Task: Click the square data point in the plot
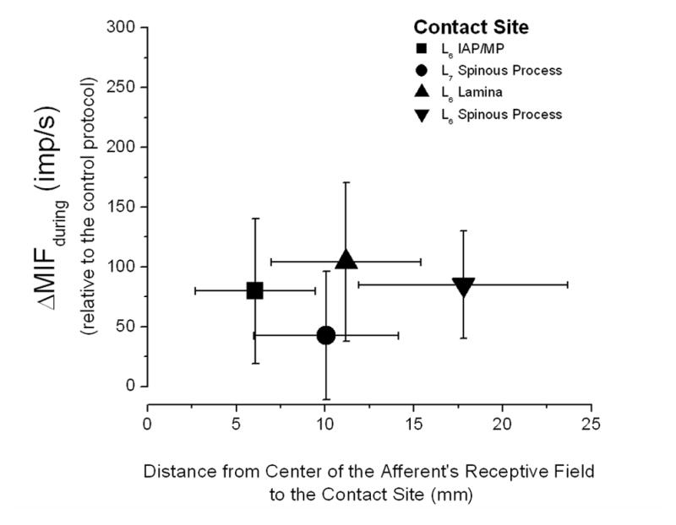pos(254,290)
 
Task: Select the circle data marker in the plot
pos(326,335)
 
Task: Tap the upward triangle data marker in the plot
pos(346,260)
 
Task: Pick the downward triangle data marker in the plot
pos(463,286)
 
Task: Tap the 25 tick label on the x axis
pos(591,422)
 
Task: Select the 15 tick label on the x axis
pos(414,422)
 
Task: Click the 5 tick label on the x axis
pos(237,422)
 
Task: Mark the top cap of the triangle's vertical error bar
pos(346,182)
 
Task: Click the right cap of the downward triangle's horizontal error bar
pos(567,285)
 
